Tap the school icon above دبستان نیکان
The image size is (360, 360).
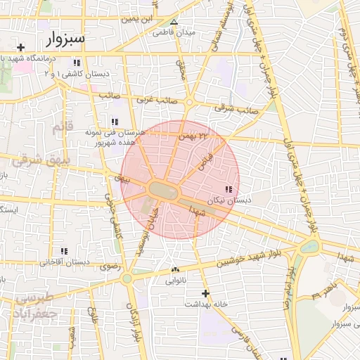(x=228, y=189)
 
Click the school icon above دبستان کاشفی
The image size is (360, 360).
(x=76, y=63)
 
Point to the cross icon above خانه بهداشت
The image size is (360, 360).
(x=205, y=293)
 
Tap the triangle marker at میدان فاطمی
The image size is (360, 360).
(x=174, y=21)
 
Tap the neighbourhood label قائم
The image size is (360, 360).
(x=62, y=128)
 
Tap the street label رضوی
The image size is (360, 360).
(x=111, y=266)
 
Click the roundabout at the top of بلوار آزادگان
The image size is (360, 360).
(x=127, y=278)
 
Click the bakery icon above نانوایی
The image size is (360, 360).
(x=175, y=270)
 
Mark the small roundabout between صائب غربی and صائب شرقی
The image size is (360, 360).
(x=189, y=103)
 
